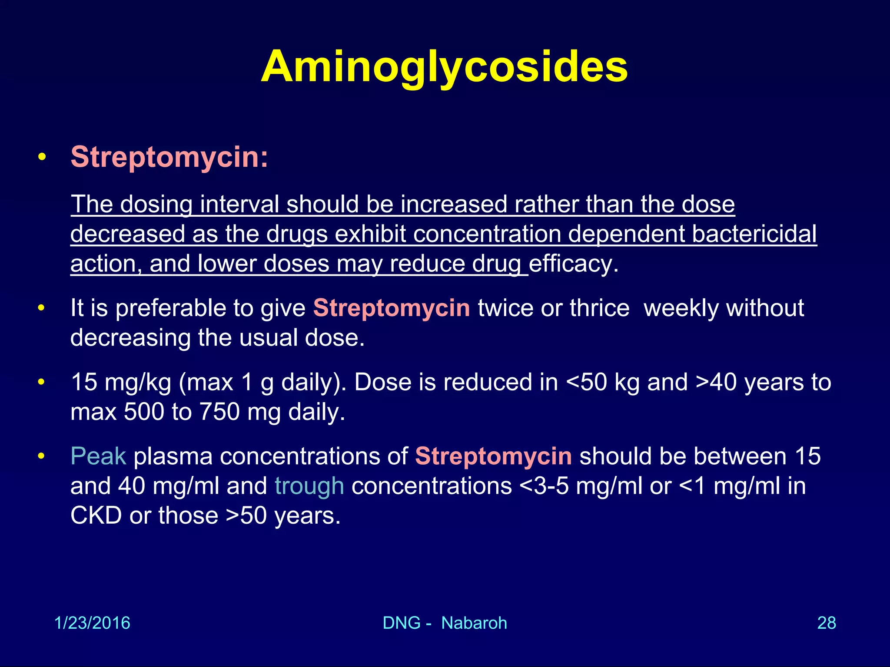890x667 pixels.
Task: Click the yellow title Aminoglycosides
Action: tap(444, 67)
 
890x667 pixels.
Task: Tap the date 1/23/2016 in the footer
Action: tap(92, 623)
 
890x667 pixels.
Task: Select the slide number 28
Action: tap(827, 623)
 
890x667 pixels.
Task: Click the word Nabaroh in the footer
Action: tap(474, 623)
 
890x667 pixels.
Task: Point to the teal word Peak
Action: tap(98, 456)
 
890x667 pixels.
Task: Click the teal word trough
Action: tap(309, 486)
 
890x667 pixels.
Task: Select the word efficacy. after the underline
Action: tap(574, 264)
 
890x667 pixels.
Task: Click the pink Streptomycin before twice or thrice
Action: tap(392, 308)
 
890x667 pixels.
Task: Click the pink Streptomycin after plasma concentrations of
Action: tap(493, 456)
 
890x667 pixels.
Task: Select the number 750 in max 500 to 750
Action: tap(219, 412)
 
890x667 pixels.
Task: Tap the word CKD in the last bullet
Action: tap(96, 516)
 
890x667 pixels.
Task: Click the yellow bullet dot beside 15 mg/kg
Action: tap(41, 382)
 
